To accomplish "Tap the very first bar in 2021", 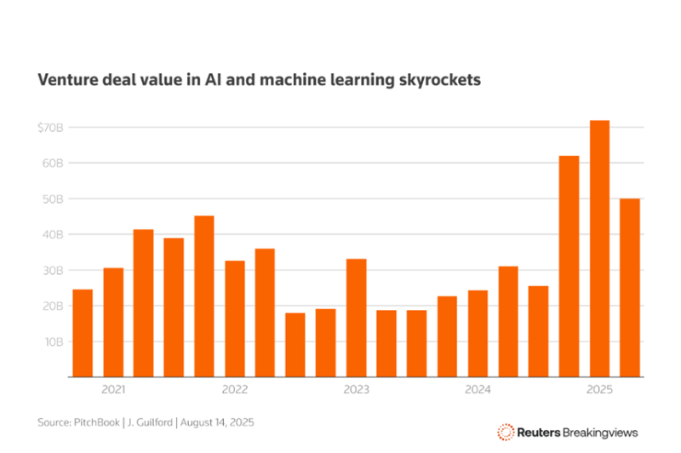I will [83, 333].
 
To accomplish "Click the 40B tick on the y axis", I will [53, 234].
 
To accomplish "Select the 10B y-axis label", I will [53, 341].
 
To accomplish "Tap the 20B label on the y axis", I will [53, 306].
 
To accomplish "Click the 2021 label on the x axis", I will [113, 390].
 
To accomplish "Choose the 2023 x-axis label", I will [357, 390].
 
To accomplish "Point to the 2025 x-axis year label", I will [599, 390].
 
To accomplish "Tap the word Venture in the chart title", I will [66, 80].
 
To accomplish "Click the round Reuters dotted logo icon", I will [506, 432].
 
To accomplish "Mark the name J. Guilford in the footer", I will [155, 422].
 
